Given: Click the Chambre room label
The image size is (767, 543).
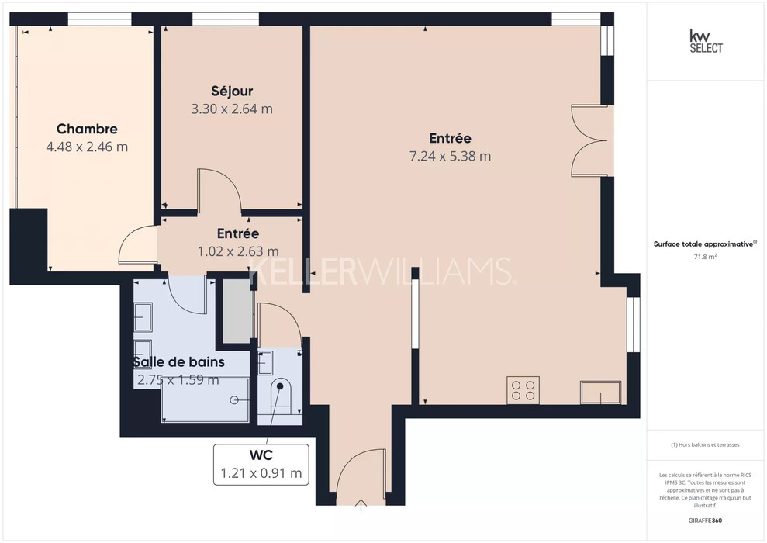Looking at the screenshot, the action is point(87,129).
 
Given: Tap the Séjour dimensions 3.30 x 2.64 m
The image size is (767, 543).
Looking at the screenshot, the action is point(232,109).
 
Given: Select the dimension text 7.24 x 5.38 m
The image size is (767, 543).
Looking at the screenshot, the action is point(450,156).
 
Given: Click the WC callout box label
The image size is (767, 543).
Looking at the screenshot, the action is point(261,455).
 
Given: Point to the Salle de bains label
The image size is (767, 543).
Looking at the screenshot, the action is point(179,362).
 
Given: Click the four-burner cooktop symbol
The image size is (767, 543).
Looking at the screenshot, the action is point(523,390).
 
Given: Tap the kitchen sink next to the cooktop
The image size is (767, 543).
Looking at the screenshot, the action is point(601,393).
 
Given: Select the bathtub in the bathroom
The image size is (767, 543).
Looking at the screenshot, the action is point(205,399).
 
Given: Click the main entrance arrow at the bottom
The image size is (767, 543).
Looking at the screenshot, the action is point(361,505).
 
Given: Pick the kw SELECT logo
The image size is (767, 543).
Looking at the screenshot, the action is point(706,41).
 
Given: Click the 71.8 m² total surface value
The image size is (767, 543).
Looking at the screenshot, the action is point(702,257).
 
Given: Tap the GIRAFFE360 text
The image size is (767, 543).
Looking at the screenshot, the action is point(705,521).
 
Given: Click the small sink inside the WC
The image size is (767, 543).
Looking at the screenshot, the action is point(264,362).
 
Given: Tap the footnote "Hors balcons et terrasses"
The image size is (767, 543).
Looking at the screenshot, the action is point(705,445).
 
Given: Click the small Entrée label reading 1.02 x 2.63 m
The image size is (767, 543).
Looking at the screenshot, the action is point(238,251).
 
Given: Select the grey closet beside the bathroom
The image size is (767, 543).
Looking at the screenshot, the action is point(238,311).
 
